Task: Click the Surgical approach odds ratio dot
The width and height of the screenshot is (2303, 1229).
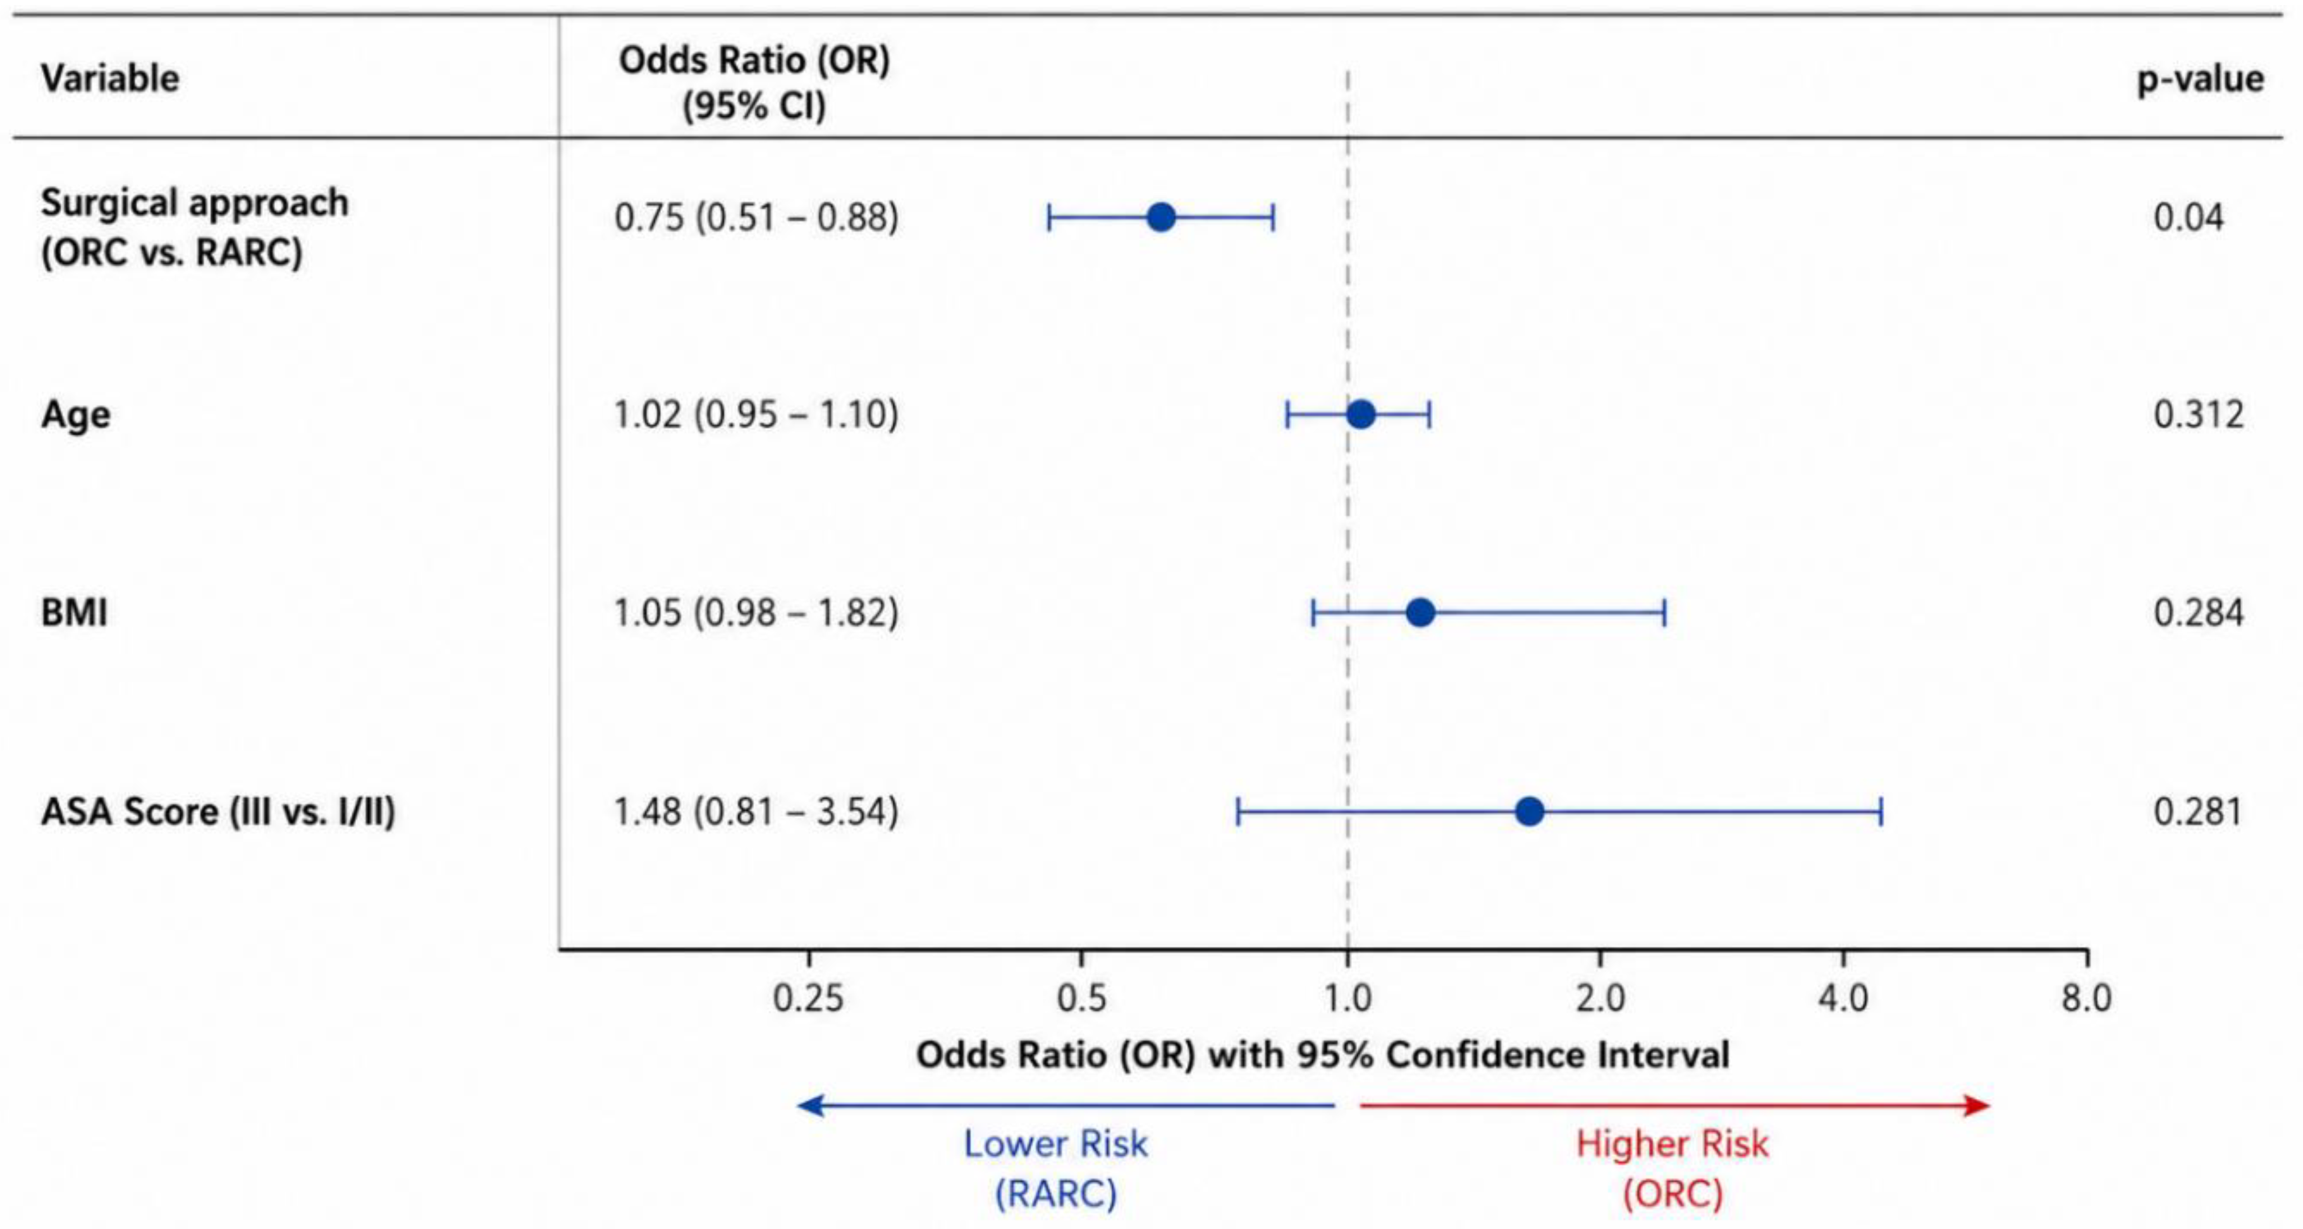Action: [1160, 217]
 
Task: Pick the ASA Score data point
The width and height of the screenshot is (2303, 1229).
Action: [1530, 812]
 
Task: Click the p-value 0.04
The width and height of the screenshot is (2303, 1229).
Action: [2189, 217]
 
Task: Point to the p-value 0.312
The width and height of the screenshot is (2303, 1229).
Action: [2199, 415]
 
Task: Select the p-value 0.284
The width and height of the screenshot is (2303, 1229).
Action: [2199, 613]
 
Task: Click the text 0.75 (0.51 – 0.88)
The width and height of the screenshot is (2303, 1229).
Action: [756, 218]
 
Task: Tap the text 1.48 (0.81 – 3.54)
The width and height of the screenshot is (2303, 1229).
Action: [756, 812]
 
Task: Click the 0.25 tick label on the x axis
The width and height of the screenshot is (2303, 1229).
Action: [808, 998]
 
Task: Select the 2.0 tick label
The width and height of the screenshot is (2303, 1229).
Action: [1600, 998]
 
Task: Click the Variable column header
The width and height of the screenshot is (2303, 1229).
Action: [110, 78]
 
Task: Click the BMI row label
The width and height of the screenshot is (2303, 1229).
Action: [74, 613]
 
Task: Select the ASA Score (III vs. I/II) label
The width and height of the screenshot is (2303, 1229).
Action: [218, 812]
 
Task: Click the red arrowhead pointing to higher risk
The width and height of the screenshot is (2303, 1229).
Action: [1977, 1106]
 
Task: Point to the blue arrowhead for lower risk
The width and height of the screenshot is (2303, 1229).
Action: [810, 1106]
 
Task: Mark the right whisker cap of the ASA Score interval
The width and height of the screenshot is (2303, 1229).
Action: [1882, 812]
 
